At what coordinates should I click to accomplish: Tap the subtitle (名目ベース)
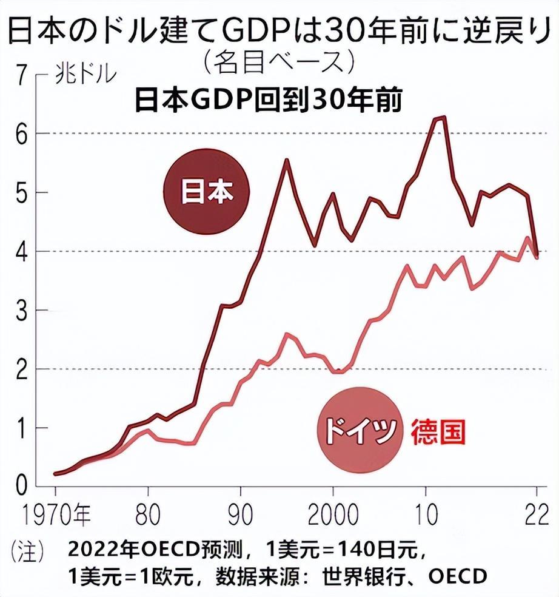coord(279,61)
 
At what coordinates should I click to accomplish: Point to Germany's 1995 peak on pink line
coord(287,334)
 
